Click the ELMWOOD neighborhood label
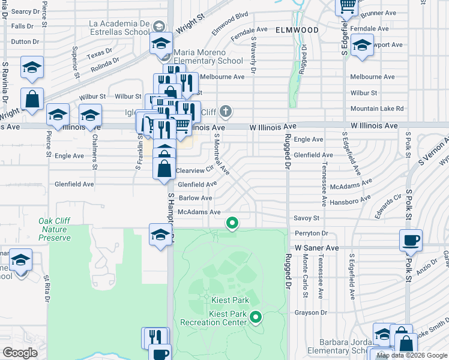297,29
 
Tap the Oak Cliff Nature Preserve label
55,229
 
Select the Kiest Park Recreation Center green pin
256,316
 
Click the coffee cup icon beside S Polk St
411,240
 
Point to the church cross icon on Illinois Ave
226,112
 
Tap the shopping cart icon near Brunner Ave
347,6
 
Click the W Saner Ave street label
316,247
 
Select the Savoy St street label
306,218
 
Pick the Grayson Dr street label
310,313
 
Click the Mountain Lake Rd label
377,109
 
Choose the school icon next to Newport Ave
362,46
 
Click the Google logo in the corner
20,352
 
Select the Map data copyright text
412,355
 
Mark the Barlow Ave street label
195,198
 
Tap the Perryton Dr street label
312,233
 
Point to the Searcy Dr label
25,11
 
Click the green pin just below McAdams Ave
232,224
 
